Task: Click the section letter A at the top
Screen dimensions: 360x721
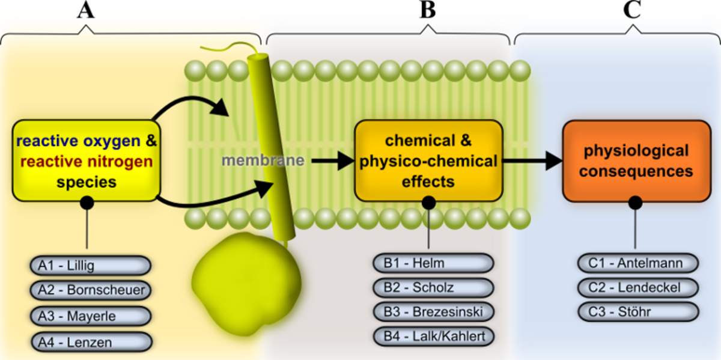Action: [x=87, y=11]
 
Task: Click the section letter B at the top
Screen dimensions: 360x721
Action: [x=427, y=11]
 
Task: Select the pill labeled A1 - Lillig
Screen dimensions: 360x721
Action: [x=90, y=265]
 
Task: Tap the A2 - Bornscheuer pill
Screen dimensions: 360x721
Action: [x=90, y=290]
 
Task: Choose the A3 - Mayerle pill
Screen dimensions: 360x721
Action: [x=90, y=316]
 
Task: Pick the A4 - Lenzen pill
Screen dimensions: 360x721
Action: [x=90, y=341]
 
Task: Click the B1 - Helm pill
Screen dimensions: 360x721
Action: [x=433, y=263]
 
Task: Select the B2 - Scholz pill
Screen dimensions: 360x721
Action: [x=433, y=287]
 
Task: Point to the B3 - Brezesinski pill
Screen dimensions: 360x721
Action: [x=433, y=311]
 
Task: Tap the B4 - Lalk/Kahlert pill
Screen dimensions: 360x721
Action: [x=433, y=335]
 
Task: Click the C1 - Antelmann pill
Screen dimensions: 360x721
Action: [x=638, y=263]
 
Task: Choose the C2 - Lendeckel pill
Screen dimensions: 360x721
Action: [x=638, y=287]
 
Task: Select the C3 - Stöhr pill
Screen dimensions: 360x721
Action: [x=638, y=311]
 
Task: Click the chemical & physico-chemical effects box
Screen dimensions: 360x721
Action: [x=428, y=160]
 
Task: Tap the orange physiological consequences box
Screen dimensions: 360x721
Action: [x=636, y=160]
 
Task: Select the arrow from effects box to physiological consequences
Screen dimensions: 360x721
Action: [x=532, y=160]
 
